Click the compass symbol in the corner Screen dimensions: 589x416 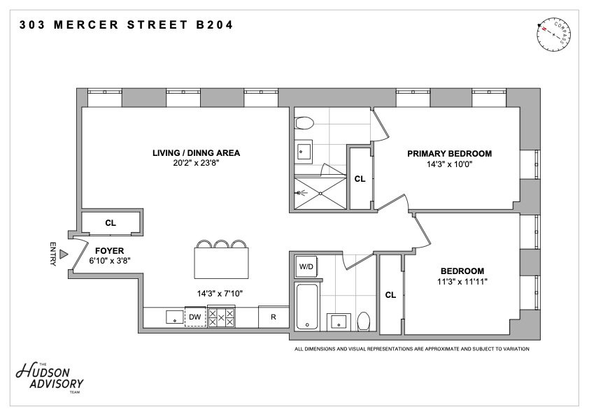(x=554, y=34)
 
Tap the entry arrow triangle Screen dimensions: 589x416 (x=64, y=254)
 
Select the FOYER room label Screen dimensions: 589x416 (x=109, y=251)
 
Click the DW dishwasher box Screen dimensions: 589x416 (x=195, y=317)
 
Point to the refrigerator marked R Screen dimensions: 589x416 (x=274, y=317)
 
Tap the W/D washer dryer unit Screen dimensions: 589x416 (x=306, y=266)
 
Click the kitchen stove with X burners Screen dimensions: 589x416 (x=221, y=317)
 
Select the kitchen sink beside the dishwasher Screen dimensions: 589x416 (x=175, y=317)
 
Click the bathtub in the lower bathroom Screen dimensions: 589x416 (x=307, y=307)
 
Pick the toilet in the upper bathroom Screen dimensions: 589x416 (x=304, y=123)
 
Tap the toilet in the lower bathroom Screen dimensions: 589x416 (x=363, y=322)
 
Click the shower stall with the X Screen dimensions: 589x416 (x=320, y=194)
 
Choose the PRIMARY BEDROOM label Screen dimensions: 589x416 (x=450, y=154)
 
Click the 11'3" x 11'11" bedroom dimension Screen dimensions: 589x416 (x=462, y=282)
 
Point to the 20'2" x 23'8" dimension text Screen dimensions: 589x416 (x=196, y=163)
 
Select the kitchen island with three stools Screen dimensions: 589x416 (x=221, y=259)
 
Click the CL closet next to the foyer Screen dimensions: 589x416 (x=111, y=223)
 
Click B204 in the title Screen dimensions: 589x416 (x=215, y=24)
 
